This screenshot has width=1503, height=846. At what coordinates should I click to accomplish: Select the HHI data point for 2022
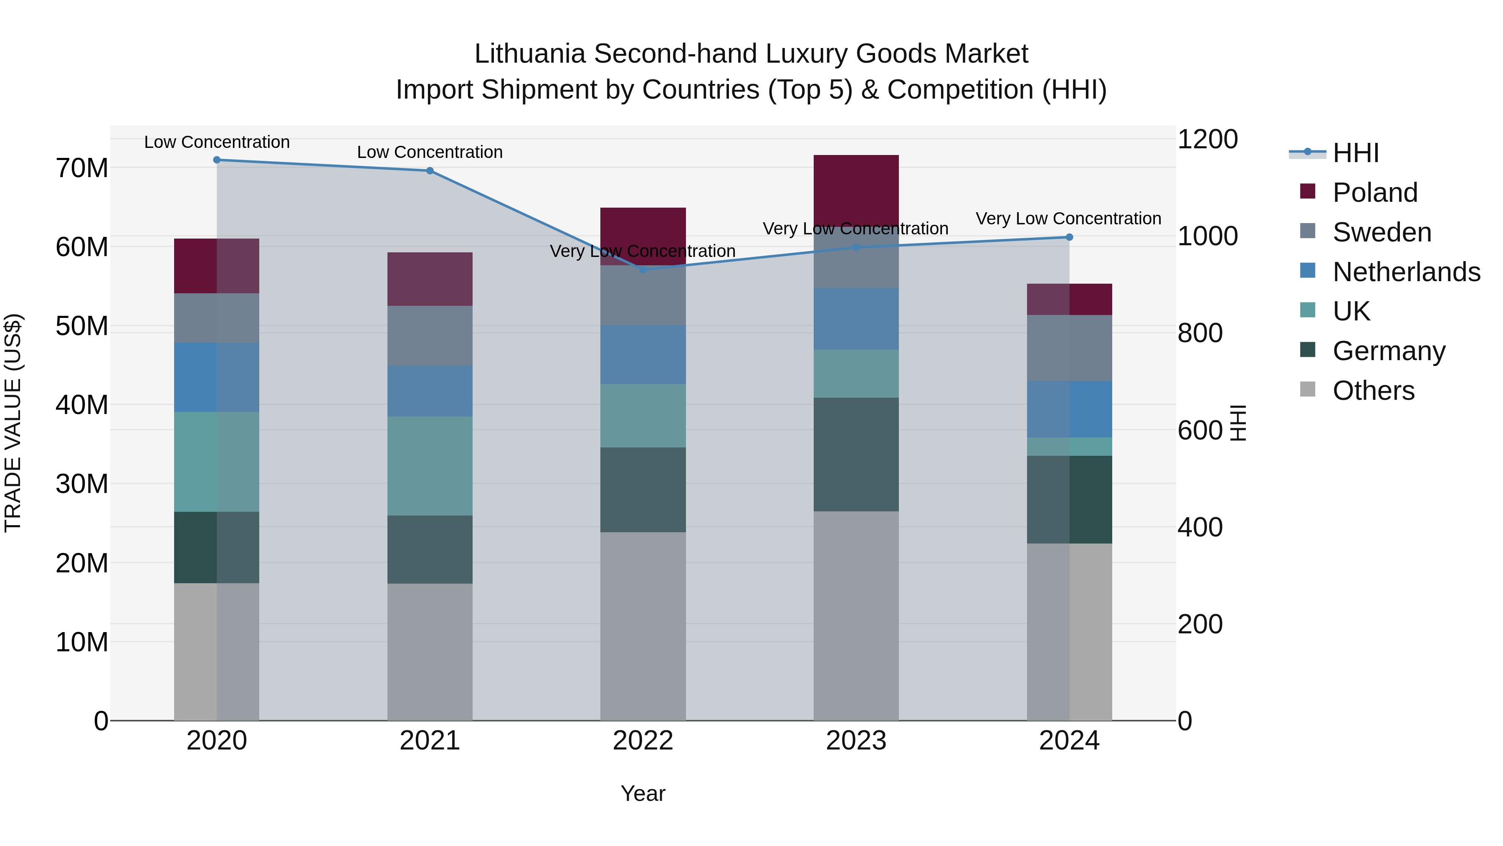(643, 269)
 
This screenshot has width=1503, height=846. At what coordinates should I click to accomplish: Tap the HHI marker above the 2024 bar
(1069, 237)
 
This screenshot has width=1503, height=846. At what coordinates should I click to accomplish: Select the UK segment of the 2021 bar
(430, 465)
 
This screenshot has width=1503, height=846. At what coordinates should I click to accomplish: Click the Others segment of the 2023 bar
(856, 615)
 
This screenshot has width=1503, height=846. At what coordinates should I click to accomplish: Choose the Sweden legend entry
(1382, 232)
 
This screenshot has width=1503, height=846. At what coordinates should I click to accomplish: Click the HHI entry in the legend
(1355, 152)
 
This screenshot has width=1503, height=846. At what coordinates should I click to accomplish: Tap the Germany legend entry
(1389, 351)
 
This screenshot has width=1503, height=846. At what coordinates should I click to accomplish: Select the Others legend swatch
(1308, 389)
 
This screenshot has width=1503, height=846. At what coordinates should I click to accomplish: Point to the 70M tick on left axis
(82, 168)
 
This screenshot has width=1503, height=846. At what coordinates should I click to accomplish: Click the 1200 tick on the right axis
(1207, 139)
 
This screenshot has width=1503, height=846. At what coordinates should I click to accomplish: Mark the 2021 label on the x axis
(430, 740)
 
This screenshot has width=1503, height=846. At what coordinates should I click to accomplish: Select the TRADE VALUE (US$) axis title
(13, 423)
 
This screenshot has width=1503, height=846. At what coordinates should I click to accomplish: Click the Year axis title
(643, 793)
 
